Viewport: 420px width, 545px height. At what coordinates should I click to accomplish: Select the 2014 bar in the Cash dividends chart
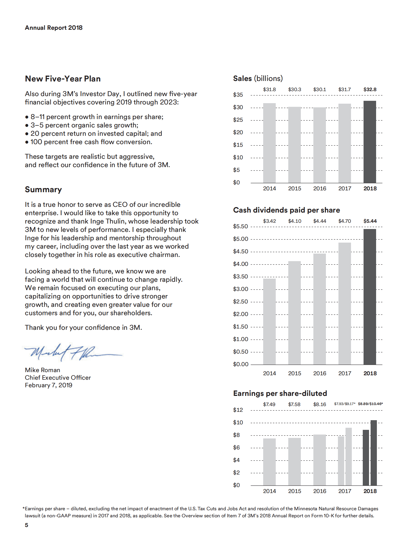click(x=269, y=321)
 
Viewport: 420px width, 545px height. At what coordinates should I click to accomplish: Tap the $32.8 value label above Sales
click(x=370, y=89)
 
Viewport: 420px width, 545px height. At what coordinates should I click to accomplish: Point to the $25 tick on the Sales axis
click(x=238, y=120)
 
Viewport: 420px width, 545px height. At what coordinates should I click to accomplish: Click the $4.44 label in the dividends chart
click(x=320, y=221)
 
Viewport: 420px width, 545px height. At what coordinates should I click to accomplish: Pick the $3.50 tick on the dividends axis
click(x=240, y=277)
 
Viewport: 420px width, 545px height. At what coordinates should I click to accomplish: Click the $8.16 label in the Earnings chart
click(x=320, y=404)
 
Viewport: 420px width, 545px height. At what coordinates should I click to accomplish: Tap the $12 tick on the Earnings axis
click(x=238, y=410)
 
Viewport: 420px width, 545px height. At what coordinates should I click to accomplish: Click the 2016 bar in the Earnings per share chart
click(x=319, y=460)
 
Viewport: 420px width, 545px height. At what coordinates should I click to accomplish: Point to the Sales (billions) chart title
click(x=258, y=78)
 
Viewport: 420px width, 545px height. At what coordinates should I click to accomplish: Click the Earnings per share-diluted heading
click(x=280, y=393)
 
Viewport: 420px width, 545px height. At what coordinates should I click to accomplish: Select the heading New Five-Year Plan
click(x=63, y=79)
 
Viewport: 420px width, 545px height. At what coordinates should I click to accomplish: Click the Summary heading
click(x=43, y=189)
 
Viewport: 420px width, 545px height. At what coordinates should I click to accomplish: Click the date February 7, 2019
click(x=49, y=385)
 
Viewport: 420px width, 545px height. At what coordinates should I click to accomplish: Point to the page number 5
click(x=26, y=525)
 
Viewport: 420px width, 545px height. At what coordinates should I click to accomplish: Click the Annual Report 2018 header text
click(x=54, y=28)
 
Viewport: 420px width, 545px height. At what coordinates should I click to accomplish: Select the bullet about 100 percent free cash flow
click(x=89, y=142)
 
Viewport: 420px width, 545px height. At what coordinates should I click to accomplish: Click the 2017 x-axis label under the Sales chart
click(x=344, y=188)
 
